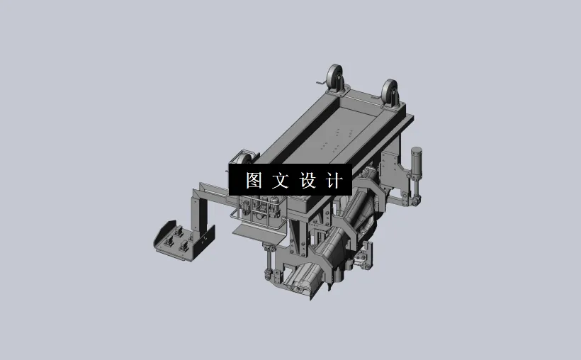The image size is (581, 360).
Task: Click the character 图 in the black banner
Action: coord(254,180)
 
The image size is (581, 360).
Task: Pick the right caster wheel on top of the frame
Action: coord(389,91)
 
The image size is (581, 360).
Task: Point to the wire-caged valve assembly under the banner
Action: coord(262,210)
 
